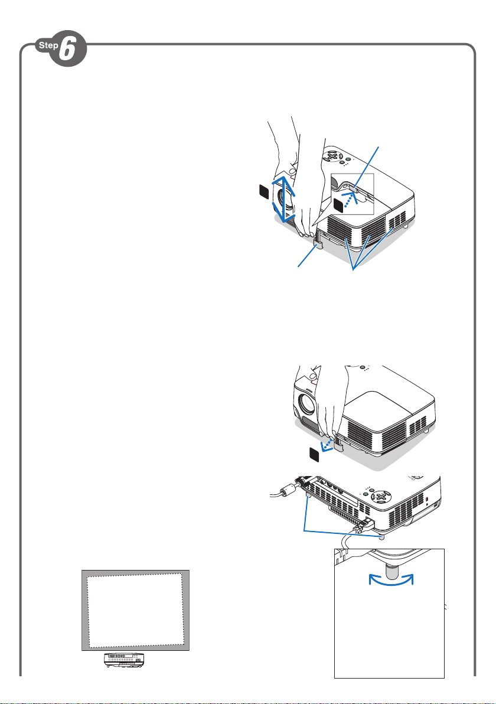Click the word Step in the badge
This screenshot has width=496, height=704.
pos(48,45)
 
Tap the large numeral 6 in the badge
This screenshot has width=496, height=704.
pos(67,48)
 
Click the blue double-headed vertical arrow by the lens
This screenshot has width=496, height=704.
pos(283,199)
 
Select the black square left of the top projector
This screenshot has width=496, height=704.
pos(264,192)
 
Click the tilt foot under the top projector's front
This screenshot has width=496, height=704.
pos(318,243)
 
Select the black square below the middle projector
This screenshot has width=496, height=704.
pos(315,454)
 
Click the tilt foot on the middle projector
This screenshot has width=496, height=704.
pos(338,445)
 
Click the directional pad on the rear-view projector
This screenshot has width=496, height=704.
pos(381,497)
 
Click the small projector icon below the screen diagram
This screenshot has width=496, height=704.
pos(125,660)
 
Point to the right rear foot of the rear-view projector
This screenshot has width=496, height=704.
pos(381,537)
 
